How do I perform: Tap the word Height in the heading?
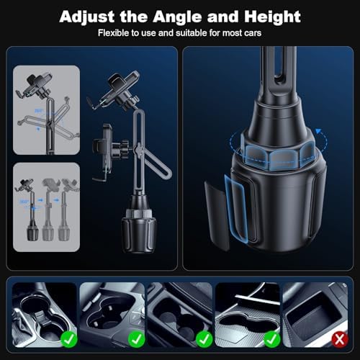[269, 16]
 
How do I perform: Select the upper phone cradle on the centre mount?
[123, 90]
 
